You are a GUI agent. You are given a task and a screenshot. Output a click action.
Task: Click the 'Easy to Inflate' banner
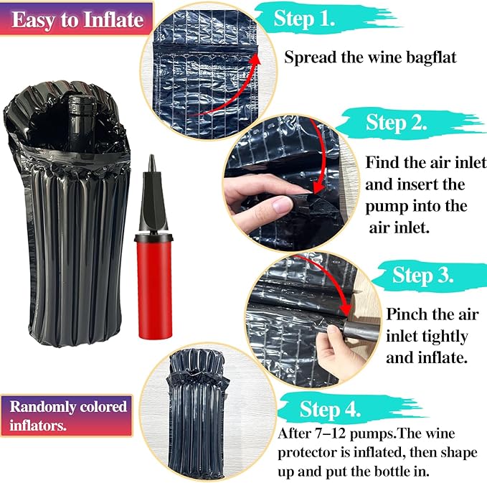tap(77, 19)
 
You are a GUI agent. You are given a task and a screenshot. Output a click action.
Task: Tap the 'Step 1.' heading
tap(304, 19)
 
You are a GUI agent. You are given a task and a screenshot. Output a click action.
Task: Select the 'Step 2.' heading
tap(396, 122)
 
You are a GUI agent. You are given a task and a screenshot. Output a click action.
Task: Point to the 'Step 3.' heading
tap(422, 275)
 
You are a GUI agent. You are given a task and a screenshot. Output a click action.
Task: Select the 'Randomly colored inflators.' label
tap(67, 416)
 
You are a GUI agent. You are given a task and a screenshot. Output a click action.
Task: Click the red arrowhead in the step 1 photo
tap(255, 60)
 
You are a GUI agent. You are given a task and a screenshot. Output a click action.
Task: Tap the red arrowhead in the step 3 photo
tap(346, 309)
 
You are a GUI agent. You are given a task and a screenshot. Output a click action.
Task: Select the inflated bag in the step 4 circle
tap(195, 413)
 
